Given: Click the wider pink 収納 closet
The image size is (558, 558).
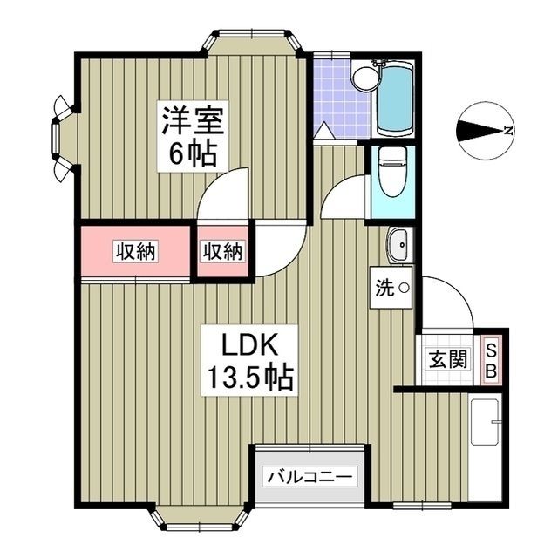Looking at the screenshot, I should coord(135,251).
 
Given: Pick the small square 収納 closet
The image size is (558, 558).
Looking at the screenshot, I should coord(223,251).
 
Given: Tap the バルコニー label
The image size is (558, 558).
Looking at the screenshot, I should coord(310,478).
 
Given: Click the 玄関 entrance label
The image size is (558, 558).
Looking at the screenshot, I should coord(446,358).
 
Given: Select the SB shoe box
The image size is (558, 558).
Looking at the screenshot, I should coord(491,358).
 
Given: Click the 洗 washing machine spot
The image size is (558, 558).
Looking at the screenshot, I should coord(390,287).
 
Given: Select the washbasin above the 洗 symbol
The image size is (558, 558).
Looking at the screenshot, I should coord(398,245).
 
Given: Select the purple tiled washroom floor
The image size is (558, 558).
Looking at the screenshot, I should coord(340,96).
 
